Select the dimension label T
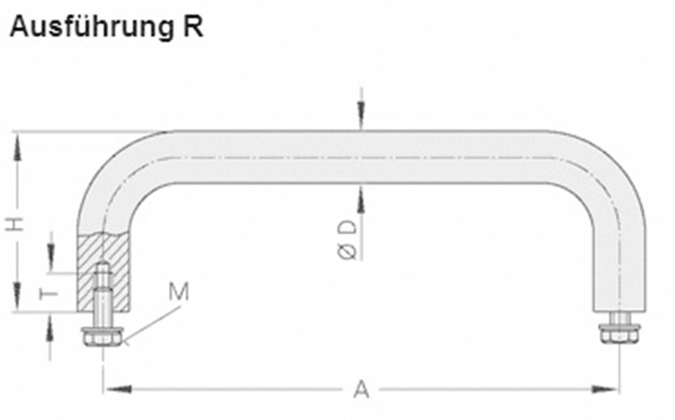(x=49, y=294)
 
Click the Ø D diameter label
(x=347, y=240)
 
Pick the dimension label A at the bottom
(x=361, y=390)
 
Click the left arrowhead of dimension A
(x=119, y=389)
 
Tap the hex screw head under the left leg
(x=102, y=337)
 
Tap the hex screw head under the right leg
(x=619, y=335)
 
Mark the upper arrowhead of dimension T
(x=51, y=252)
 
